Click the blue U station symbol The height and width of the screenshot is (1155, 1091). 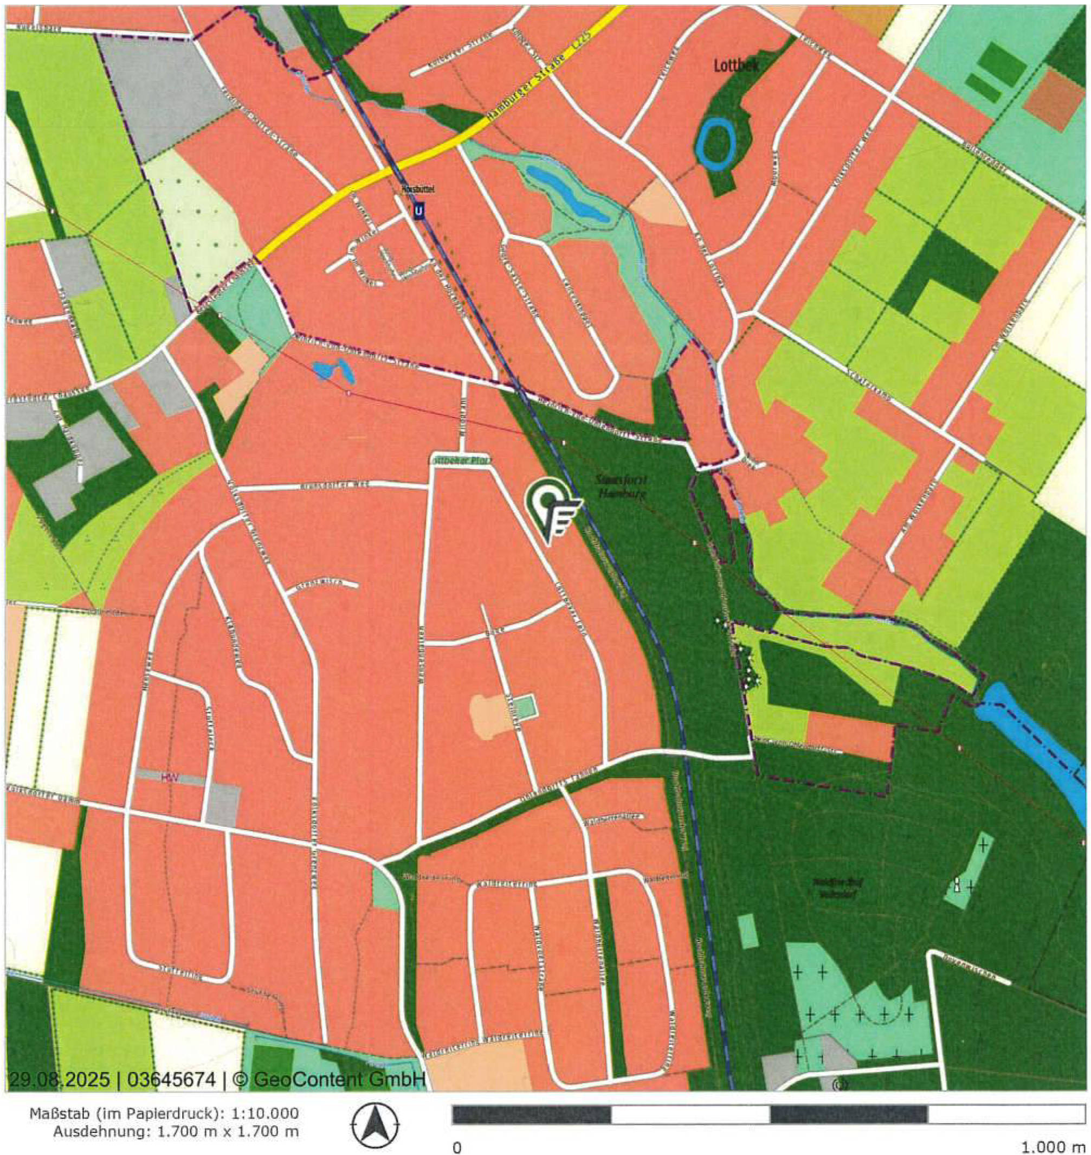[419, 211]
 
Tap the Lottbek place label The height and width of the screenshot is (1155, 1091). [736, 66]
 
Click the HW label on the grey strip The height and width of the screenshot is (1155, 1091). [169, 778]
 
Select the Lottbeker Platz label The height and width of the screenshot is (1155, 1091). [460, 460]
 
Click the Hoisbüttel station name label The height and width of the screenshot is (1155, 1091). [418, 189]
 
